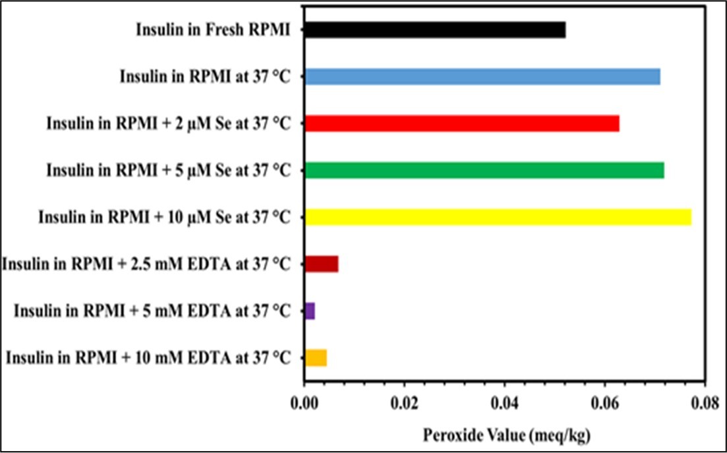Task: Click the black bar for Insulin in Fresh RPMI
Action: [x=434, y=30]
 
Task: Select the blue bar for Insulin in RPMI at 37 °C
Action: [x=482, y=76]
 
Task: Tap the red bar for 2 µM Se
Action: [x=461, y=123]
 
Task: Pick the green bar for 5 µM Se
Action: [x=484, y=170]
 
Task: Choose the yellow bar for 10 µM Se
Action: [x=498, y=217]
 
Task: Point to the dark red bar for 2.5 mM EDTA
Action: [x=321, y=264]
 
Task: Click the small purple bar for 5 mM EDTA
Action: [x=310, y=311]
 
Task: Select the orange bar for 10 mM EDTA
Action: [x=316, y=357]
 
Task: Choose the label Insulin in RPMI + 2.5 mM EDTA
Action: [x=146, y=264]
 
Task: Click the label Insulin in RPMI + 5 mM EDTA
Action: [x=152, y=311]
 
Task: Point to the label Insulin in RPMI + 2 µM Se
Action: [x=168, y=123]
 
